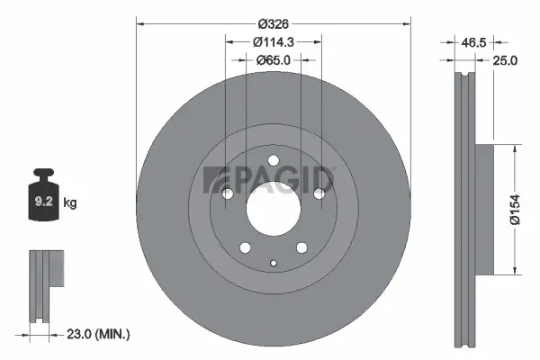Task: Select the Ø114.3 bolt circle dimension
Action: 274,41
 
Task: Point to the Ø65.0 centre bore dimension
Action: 274,60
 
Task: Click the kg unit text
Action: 70,203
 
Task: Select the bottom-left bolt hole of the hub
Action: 244,249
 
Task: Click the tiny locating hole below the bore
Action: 273,262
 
